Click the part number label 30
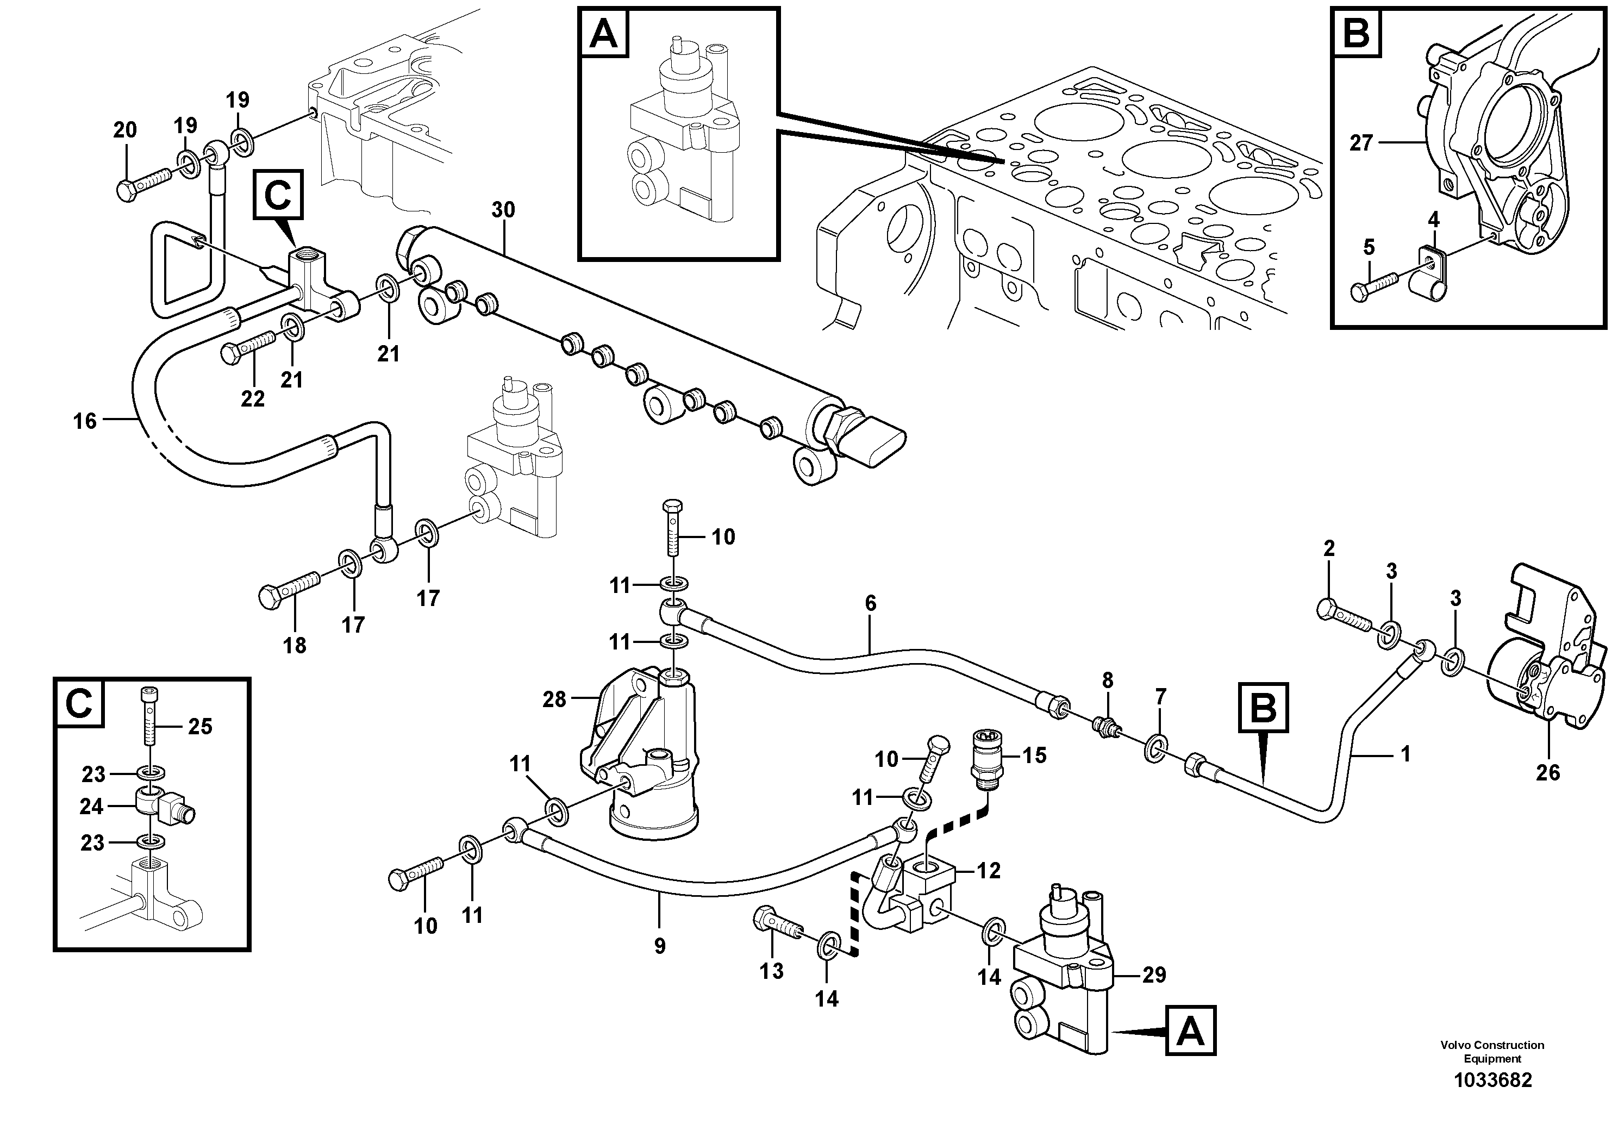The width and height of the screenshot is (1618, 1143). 503,210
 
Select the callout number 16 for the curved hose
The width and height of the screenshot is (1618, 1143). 85,421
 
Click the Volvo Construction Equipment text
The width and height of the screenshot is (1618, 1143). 1492,1051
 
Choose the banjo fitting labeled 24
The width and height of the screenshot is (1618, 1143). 161,805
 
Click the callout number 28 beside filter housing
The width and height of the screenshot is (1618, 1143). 554,699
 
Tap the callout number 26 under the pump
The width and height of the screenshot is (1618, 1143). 1547,773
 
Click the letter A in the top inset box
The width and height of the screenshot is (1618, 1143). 603,33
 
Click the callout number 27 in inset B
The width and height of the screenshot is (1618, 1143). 1361,143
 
